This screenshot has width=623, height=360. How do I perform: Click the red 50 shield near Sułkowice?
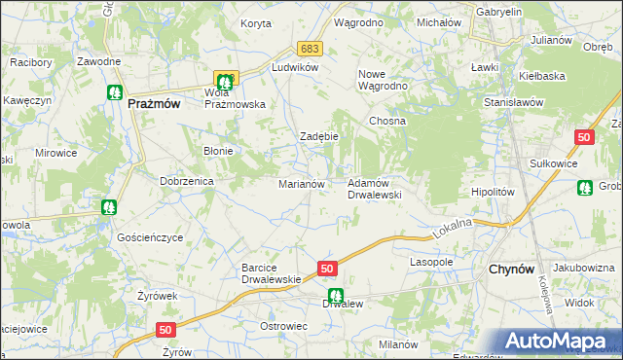584,138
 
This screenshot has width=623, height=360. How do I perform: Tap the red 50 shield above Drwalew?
326,269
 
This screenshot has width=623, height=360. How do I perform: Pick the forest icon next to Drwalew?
335,296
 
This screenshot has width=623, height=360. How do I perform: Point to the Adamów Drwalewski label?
375,188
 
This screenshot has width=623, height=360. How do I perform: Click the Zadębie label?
318,136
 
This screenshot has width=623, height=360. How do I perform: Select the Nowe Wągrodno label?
384,80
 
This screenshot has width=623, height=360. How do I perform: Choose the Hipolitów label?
492,192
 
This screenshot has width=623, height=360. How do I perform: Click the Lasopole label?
432,262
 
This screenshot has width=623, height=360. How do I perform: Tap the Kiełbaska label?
543,74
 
